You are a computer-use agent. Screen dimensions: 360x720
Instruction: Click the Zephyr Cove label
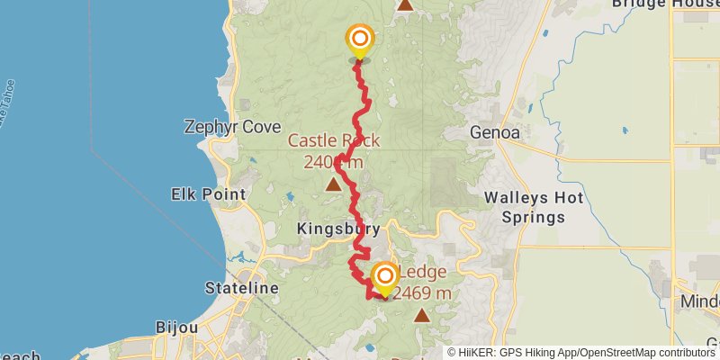[232, 127]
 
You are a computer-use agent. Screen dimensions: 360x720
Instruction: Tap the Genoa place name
[495, 132]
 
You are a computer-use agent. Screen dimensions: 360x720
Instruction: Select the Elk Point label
[203, 193]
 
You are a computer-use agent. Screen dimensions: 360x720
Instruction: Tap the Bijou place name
[176, 327]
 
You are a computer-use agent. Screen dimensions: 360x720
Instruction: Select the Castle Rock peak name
[334, 140]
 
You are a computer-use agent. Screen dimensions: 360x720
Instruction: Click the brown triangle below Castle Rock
[334, 185]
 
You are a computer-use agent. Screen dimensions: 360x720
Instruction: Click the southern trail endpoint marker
[384, 276]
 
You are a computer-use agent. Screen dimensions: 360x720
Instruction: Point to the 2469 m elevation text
[422, 292]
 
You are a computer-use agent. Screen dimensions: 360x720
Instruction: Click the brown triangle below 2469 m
[422, 315]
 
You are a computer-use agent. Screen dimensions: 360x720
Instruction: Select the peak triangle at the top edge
[405, 4]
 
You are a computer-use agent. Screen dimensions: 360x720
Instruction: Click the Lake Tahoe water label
[7, 85]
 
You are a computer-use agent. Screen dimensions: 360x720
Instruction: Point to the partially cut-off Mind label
[700, 299]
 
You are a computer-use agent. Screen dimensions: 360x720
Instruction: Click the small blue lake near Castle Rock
[289, 195]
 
